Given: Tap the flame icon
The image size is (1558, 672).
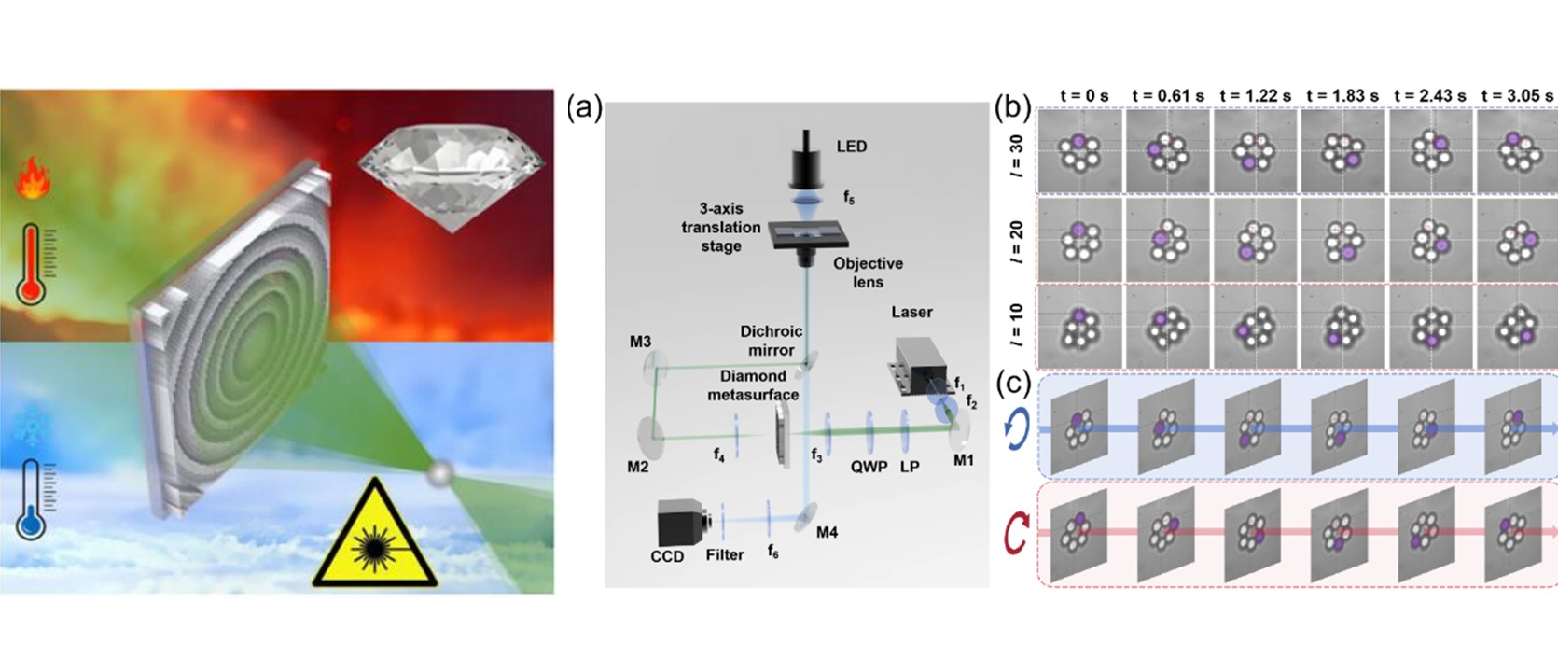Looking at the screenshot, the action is pos(33,177).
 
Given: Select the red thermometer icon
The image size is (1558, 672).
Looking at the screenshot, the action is pos(32,263).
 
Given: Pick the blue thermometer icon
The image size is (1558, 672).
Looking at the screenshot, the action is pos(32,499).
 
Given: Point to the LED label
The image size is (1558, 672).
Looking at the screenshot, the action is pos(852,147).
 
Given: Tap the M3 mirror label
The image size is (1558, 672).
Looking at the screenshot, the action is pos(641,343).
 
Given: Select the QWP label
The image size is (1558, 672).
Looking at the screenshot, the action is pos(869,468).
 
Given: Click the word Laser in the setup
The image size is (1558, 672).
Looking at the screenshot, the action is pos(911,312).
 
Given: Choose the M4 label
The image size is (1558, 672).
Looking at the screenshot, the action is pos(827,533).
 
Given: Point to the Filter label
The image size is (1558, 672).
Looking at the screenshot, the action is pos(725,555).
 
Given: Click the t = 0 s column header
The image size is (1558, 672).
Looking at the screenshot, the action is pos(1084,96).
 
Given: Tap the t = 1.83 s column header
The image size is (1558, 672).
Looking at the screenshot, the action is pos(1342,96).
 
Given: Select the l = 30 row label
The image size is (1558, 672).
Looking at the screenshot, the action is pos(1017,153).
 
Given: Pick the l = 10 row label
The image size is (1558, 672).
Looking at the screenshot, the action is pos(1017,327).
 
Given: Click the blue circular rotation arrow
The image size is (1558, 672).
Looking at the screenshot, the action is pos(1017,430).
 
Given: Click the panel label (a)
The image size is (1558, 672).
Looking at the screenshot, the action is pos(584,109).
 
